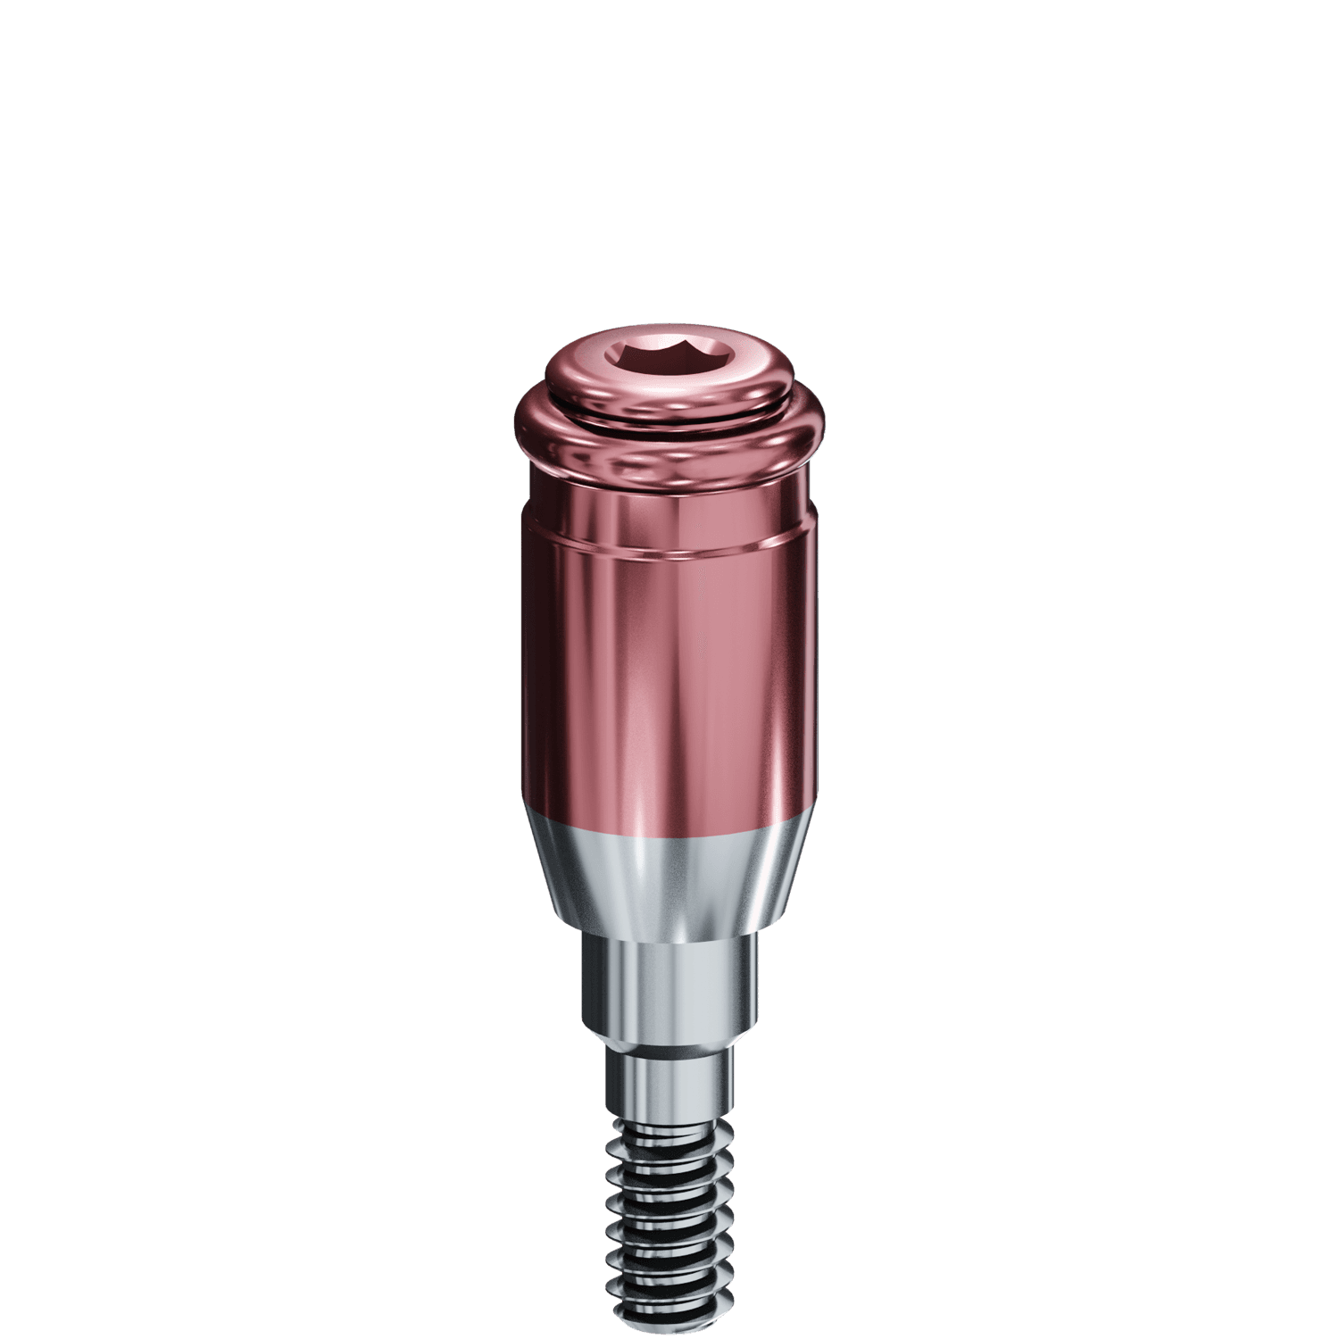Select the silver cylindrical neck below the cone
tap(668, 982)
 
